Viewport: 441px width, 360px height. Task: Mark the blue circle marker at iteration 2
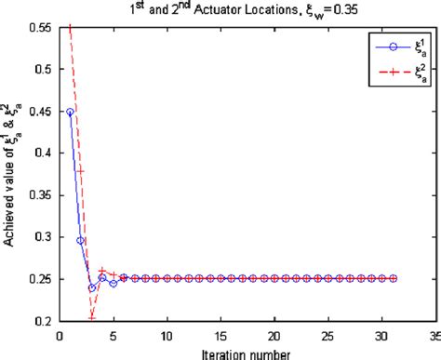(81, 240)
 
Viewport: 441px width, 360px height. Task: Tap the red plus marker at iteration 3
(91, 317)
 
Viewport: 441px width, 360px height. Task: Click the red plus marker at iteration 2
(81, 171)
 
